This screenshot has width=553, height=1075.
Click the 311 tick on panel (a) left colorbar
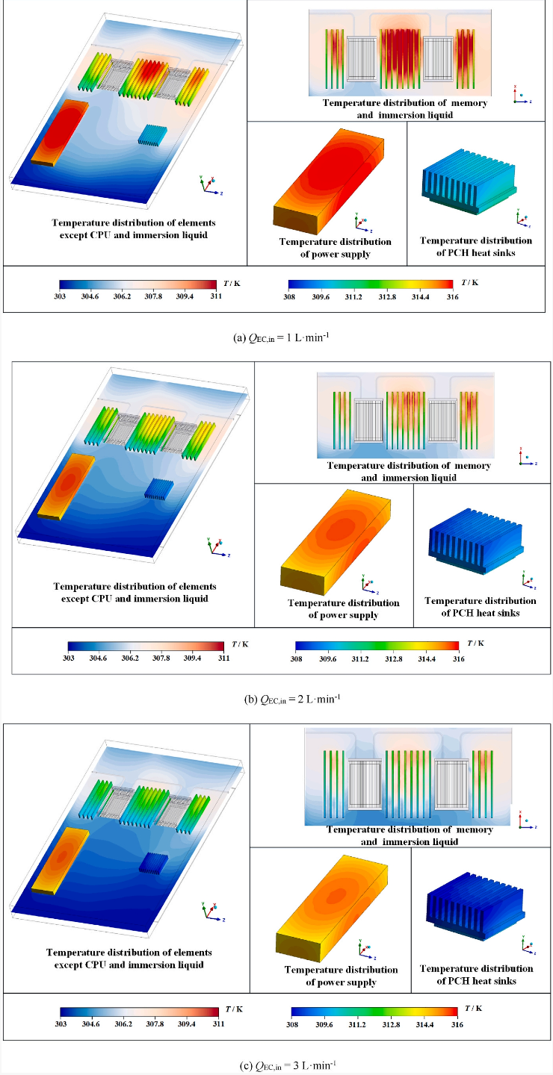[x=216, y=296]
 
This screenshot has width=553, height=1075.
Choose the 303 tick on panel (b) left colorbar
[x=68, y=658]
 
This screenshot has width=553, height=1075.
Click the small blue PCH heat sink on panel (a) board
[x=154, y=134]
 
